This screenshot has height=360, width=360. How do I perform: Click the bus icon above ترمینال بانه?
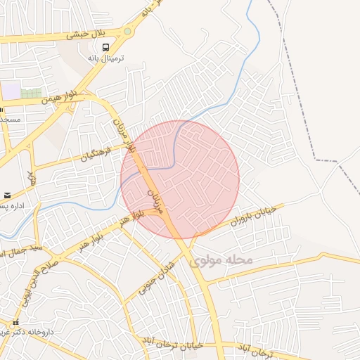(105, 48)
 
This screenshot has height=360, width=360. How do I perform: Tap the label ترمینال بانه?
(104, 59)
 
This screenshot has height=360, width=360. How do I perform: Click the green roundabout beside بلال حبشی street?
(127, 31)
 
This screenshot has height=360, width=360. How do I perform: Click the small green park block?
(31, 93)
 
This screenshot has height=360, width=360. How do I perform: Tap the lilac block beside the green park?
(11, 91)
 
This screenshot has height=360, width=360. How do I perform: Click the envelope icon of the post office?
(7, 195)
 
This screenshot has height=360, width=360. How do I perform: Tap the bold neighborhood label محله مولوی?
(220, 261)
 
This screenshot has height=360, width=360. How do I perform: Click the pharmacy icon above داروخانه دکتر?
(15, 323)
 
